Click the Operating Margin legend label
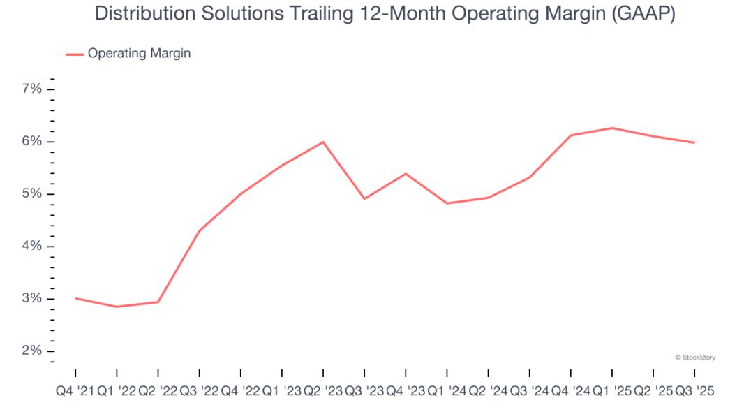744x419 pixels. tap(139, 53)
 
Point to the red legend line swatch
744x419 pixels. tap(74, 54)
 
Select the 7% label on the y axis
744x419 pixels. tap(32, 89)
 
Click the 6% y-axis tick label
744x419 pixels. tap(32, 142)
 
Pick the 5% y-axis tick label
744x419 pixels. tap(32, 194)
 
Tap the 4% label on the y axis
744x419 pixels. tap(32, 247)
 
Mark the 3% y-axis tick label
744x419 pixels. tap(32, 299)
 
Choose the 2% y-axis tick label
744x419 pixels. tap(32, 351)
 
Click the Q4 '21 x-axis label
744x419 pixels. tap(75, 392)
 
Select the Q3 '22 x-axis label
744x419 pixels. tap(199, 392)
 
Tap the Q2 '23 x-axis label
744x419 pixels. tap(323, 392)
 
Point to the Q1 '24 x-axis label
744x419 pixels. tap(447, 392)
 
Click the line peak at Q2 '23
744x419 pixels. tap(323, 142)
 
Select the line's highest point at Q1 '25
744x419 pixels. tap(612, 128)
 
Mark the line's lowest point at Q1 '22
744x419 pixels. tap(117, 307)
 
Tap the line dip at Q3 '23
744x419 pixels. tap(364, 199)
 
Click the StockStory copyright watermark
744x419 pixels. tap(695, 358)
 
